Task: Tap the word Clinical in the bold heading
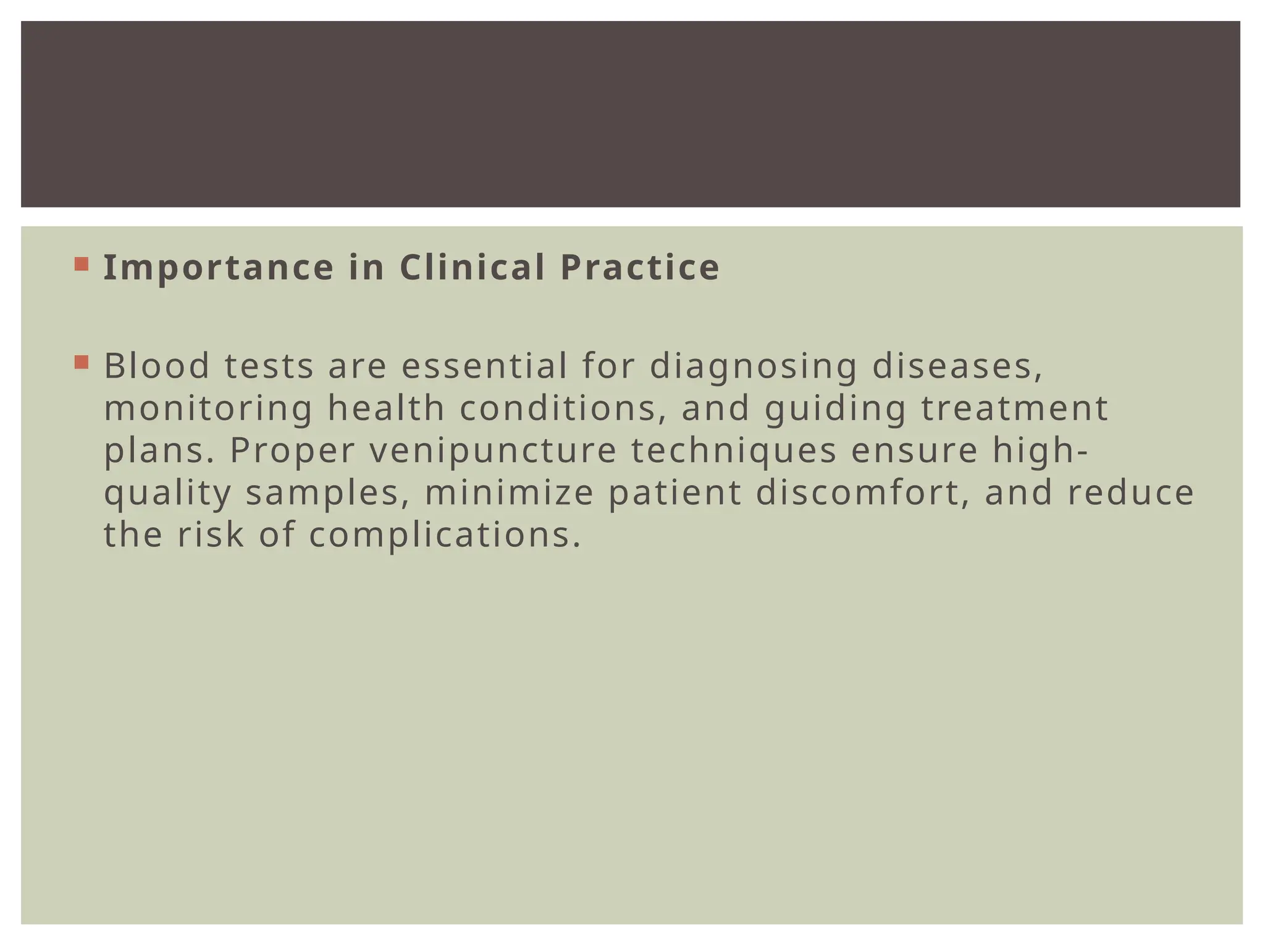tap(472, 268)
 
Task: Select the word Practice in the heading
tap(640, 268)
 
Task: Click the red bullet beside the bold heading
tap(81, 264)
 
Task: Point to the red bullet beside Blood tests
tap(81, 362)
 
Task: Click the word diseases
tap(957, 366)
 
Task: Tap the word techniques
tap(734, 451)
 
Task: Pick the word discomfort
tap(863, 493)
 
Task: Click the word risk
tap(211, 535)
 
